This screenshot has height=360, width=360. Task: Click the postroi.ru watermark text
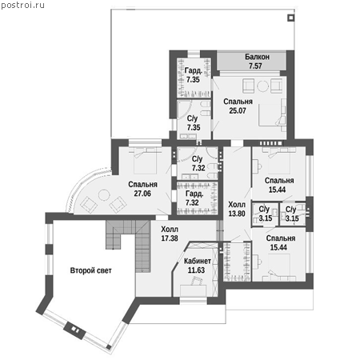tap(22, 6)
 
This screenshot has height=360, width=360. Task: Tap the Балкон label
tap(257, 57)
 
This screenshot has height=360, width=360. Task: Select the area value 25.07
tap(238, 110)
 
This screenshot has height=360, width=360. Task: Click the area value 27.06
tap(142, 194)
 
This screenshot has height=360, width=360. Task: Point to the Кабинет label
tap(198, 261)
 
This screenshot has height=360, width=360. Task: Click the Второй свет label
tap(90, 270)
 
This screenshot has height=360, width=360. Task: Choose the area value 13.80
tap(237, 214)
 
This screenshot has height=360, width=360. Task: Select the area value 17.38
tap(170, 238)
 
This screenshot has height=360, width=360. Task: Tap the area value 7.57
tap(255, 66)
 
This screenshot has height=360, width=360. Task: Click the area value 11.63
tap(196, 270)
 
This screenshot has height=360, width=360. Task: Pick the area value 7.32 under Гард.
tap(192, 202)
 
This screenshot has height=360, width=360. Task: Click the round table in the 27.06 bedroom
tap(104, 195)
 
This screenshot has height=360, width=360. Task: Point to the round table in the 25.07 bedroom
tap(263, 86)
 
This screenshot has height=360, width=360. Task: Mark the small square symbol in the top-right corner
tap(290, 18)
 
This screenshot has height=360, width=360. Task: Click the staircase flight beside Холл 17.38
tap(143, 246)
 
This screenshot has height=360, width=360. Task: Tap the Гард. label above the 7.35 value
tap(194, 71)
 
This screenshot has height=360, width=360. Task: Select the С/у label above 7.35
tap(192, 118)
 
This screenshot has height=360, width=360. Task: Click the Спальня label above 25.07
tap(238, 102)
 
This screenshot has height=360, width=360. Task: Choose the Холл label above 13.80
tap(237, 205)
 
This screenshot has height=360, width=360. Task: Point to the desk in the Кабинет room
tap(193, 290)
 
